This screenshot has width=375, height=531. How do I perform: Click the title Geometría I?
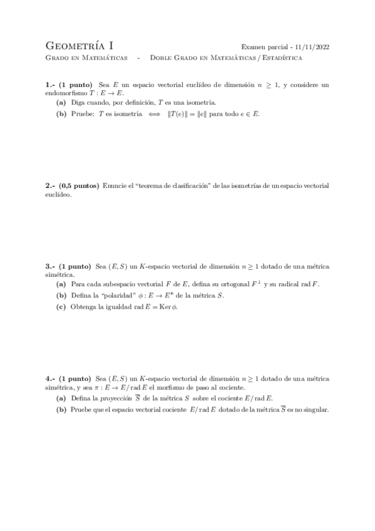(80, 46)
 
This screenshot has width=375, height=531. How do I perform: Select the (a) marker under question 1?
(61, 102)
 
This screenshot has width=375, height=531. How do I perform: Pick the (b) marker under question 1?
(61, 113)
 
